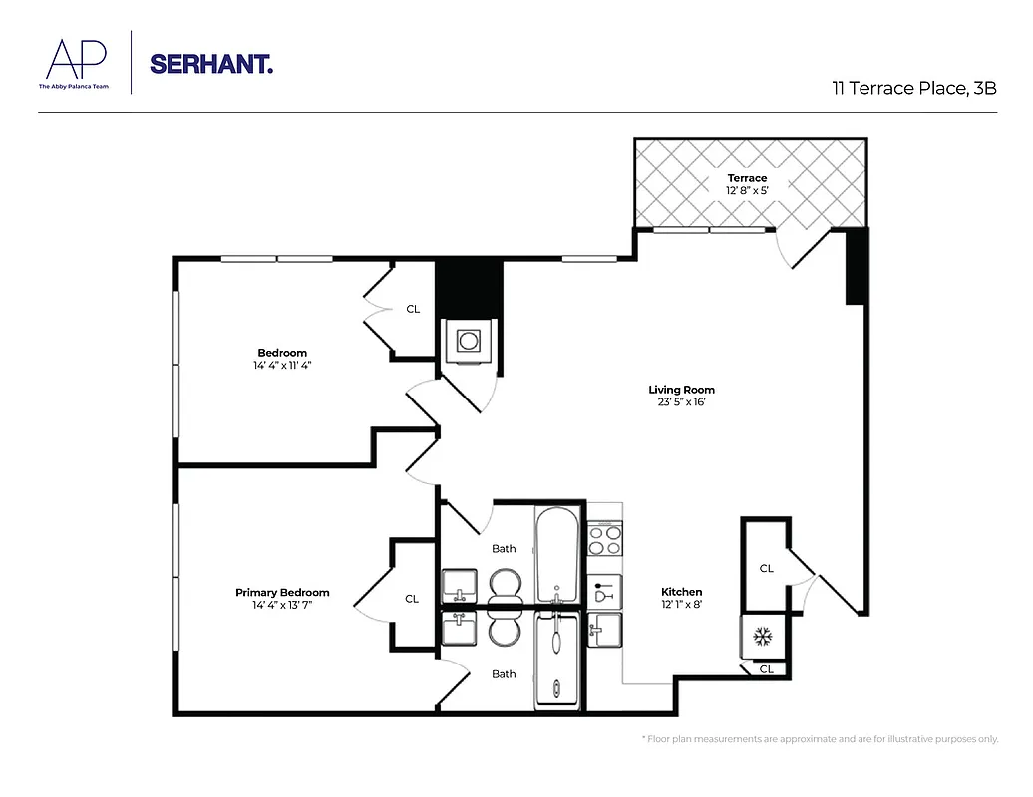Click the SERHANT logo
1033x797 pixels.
click(210, 64)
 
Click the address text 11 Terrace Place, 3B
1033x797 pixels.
click(914, 88)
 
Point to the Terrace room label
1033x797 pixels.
click(747, 178)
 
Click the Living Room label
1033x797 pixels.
click(681, 390)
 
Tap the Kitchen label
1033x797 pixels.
click(681, 592)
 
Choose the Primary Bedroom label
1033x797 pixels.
click(282, 593)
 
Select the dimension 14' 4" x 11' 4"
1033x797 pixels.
click(282, 365)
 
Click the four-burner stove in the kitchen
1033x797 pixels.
click(604, 541)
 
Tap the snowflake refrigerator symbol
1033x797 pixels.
click(764, 635)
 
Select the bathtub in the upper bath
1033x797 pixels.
click(556, 556)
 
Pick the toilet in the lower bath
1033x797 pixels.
click(505, 631)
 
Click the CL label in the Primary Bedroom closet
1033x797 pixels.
click(412, 599)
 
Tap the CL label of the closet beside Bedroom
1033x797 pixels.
click(413, 309)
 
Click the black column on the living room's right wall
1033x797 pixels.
click(856, 267)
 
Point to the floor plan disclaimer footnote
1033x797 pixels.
click(819, 739)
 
